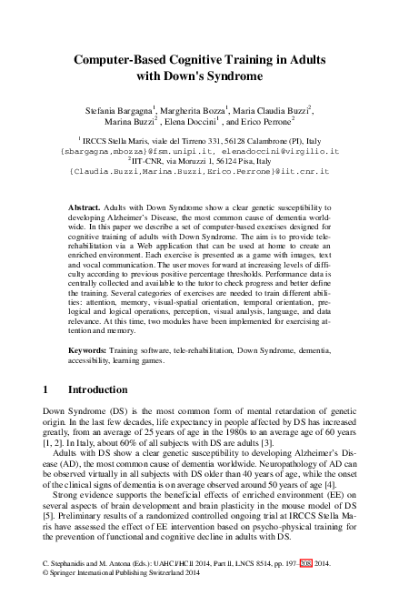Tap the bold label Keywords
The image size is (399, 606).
(x=91, y=348)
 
